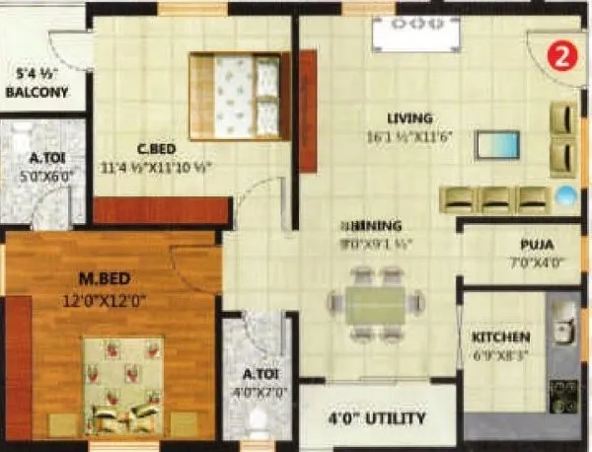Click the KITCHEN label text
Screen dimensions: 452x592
tap(500, 337)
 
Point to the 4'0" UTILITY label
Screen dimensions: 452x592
tap(378, 418)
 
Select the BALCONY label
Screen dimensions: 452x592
tap(37, 94)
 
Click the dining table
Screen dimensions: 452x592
tap(376, 311)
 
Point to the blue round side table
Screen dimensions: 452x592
tap(565, 194)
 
